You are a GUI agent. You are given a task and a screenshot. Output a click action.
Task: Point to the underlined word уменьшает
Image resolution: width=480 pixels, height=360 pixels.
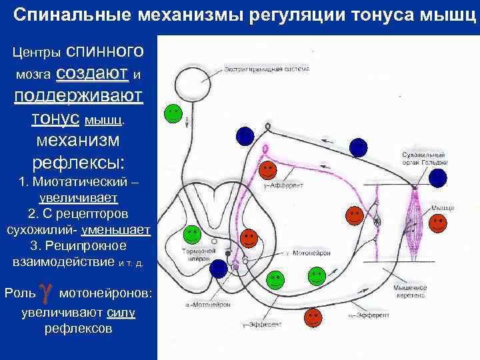click(x=115, y=231)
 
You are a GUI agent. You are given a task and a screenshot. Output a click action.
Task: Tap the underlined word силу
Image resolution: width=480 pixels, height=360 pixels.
click(x=121, y=313)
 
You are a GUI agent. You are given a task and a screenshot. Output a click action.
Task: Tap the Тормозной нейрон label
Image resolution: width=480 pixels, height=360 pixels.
click(x=196, y=255)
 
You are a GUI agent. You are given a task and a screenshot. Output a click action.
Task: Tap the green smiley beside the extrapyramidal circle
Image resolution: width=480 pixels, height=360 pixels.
click(x=173, y=113)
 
